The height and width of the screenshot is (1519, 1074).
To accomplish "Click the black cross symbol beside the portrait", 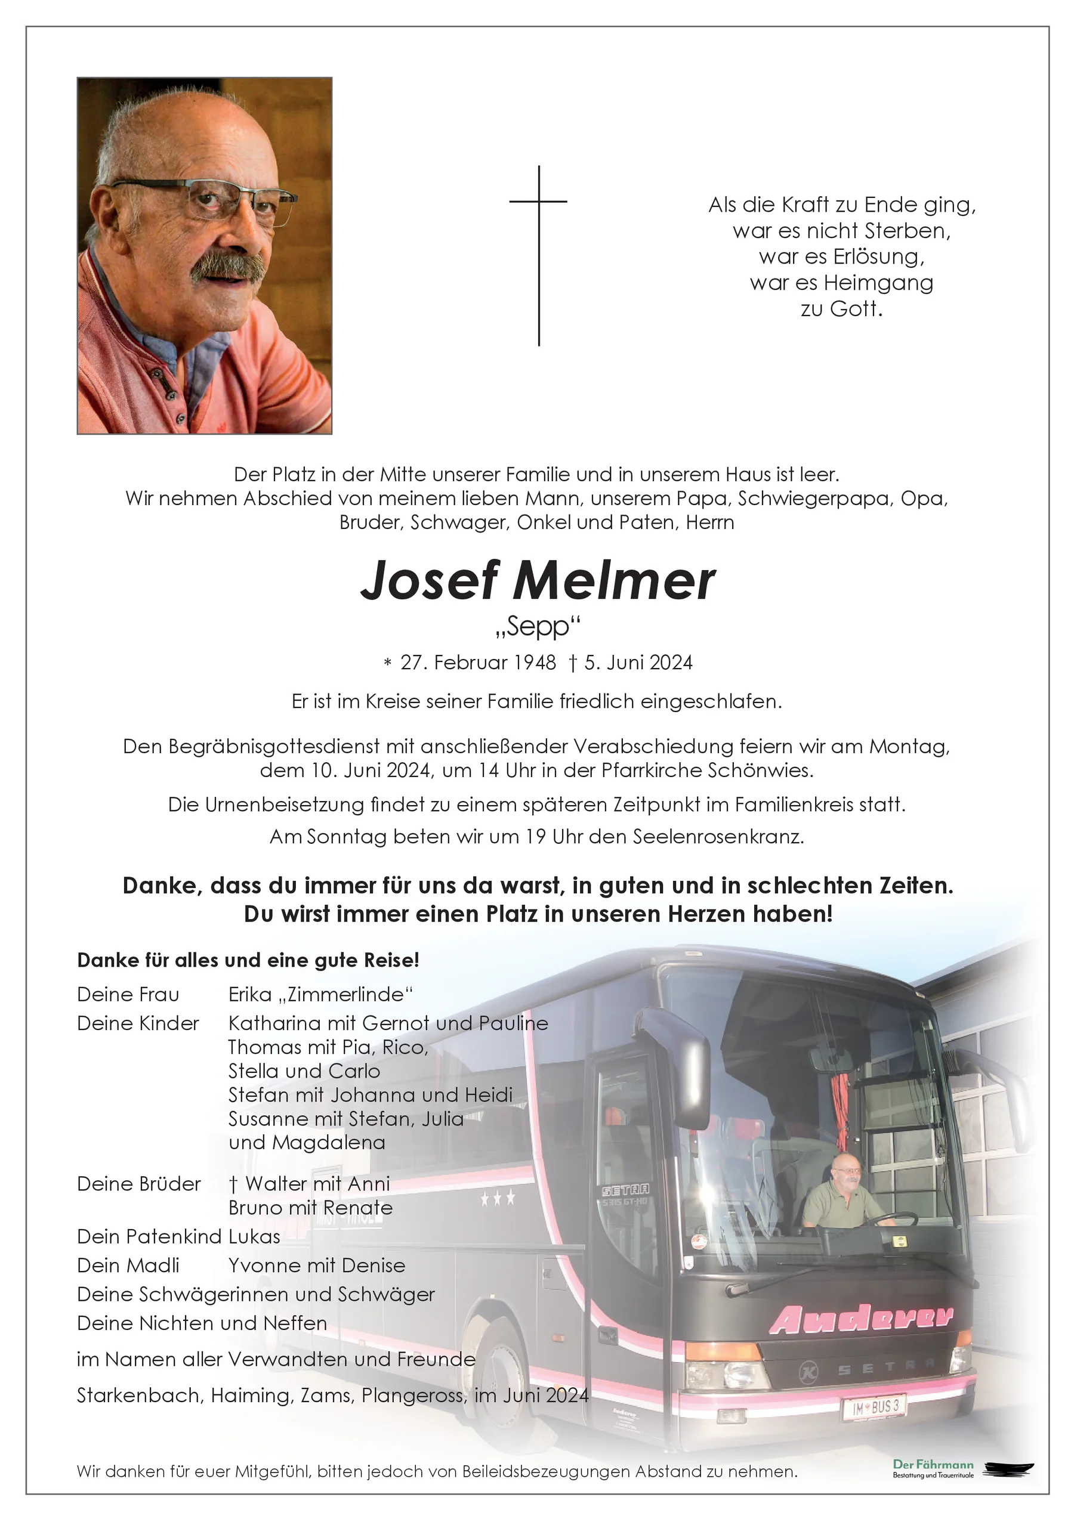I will [x=539, y=255].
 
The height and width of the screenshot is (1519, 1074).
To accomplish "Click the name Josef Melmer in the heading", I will [x=538, y=581].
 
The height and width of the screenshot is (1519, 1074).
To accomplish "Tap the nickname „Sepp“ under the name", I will [x=538, y=626].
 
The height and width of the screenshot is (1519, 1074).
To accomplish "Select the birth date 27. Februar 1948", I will [x=478, y=663].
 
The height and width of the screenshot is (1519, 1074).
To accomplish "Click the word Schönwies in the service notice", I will [x=760, y=771].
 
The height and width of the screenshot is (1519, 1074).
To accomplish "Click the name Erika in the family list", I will [x=250, y=994].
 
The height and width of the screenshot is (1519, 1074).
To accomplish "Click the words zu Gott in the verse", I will [x=841, y=309].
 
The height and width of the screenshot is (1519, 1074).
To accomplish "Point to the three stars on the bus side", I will [x=498, y=1198].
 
